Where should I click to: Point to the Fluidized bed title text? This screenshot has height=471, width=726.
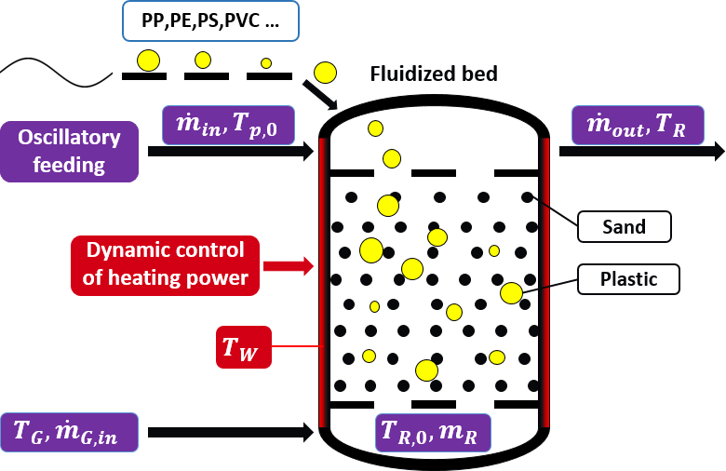click(x=434, y=74)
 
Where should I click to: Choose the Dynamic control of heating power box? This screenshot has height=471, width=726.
click(x=166, y=264)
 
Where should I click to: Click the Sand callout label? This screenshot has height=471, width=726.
click(x=625, y=225)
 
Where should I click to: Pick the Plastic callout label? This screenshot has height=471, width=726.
click(x=629, y=278)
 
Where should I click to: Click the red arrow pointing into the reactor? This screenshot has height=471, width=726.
click(x=289, y=266)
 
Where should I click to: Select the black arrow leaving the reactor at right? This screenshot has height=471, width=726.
click(x=642, y=153)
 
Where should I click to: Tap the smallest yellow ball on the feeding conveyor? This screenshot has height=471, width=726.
click(x=266, y=63)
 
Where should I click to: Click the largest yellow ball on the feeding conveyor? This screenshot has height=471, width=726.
click(x=148, y=61)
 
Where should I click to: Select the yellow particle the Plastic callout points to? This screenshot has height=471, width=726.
click(x=511, y=293)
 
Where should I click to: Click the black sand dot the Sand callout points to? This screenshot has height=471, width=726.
click(x=527, y=197)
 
